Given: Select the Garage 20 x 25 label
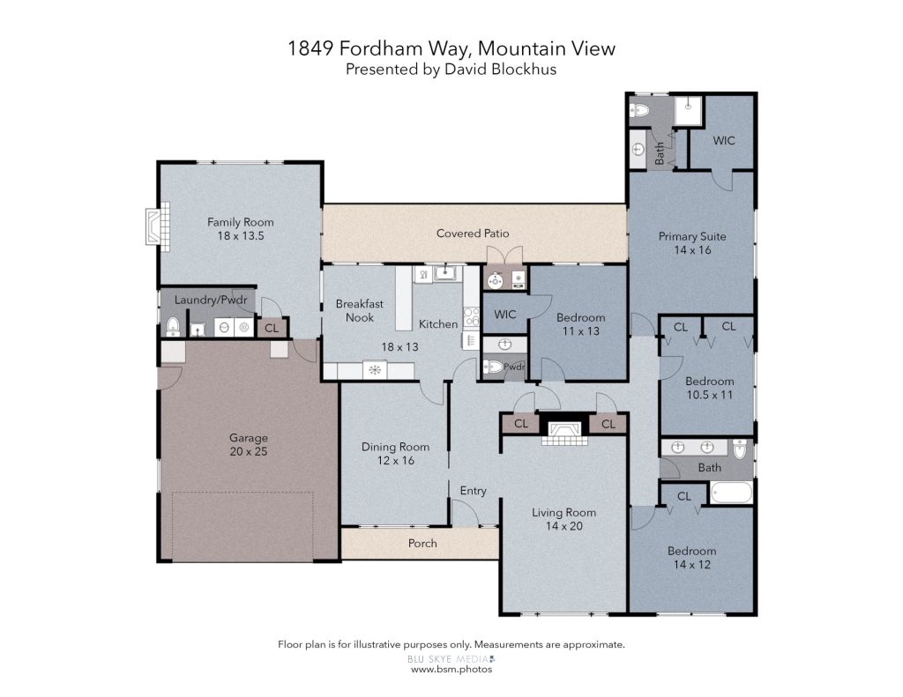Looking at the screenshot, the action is (x=249, y=444).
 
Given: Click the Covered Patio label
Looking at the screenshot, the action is (x=473, y=234).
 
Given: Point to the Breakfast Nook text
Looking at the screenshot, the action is (x=360, y=310).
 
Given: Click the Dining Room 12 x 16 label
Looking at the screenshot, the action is (x=395, y=454).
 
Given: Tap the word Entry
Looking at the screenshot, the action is (x=473, y=491).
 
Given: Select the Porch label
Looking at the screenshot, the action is (x=422, y=544).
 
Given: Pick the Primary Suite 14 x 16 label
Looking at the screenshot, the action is (x=692, y=243).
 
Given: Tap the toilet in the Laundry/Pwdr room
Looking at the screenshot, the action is (x=174, y=326).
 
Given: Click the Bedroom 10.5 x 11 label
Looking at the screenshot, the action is (x=710, y=388).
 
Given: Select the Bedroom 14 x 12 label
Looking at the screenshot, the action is (x=691, y=558).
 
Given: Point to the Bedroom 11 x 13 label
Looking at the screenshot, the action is (x=580, y=324).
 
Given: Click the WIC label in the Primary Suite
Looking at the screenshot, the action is (x=723, y=140).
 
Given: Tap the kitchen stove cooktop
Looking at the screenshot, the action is (x=472, y=317).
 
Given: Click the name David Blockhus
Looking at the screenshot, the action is (x=501, y=70).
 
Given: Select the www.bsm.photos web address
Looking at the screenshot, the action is (x=451, y=670).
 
